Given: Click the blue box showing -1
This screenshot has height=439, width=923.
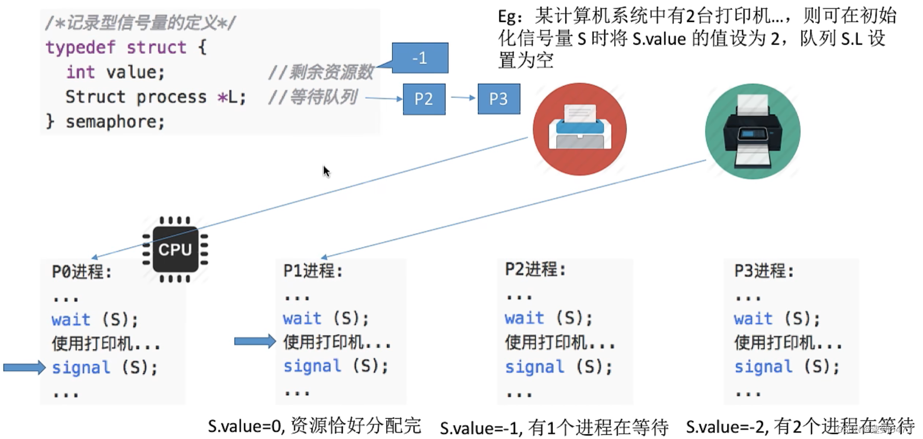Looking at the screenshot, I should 419,58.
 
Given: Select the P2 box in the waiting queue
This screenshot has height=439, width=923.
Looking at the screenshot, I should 424,99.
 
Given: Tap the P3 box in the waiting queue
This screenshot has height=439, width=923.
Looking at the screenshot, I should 498,99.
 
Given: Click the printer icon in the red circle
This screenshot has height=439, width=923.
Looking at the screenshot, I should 579,129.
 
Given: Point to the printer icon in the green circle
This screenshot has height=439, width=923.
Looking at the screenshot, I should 752,131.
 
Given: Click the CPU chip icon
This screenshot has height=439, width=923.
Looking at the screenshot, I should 175,250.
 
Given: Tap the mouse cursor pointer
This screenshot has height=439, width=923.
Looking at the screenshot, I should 326,171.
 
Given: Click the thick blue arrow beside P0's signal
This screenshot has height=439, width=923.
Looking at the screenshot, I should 24,368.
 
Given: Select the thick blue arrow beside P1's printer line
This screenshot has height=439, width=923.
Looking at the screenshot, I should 255,342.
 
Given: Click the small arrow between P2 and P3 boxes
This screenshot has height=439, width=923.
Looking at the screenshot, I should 462,97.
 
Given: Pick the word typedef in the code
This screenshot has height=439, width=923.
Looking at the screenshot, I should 80,47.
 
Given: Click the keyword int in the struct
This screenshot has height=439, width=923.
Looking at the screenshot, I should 80,72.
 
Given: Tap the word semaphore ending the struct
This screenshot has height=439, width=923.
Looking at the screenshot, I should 115,122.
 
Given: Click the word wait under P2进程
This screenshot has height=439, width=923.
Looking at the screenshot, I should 524,318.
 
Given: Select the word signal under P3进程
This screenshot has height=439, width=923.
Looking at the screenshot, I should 763,367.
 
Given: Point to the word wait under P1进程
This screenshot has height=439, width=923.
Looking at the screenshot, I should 302,318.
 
